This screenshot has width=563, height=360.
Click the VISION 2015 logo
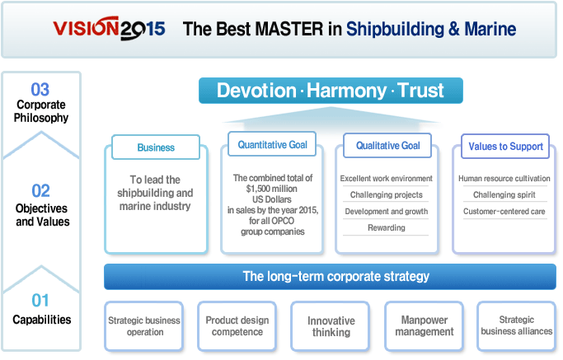tap(109, 28)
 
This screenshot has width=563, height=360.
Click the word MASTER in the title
tap(289, 29)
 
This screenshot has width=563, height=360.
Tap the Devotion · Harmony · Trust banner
tap(331, 91)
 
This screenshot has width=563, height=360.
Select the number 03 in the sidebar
tap(40, 89)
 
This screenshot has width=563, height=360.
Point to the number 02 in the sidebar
tap(40, 190)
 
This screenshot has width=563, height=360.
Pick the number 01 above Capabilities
tap(40, 301)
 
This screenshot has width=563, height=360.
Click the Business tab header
tap(156, 147)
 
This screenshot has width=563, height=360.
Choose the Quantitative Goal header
tap(272, 144)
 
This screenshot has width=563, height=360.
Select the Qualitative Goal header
tap(387, 145)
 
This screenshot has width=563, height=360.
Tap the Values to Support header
tap(505, 146)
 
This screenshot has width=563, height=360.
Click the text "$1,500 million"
tap(271, 189)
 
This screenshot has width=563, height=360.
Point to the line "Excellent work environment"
tap(387, 179)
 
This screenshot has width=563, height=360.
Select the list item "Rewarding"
tap(387, 227)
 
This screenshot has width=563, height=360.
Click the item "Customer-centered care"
tap(504, 212)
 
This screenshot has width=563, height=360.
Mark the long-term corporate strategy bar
tap(330, 276)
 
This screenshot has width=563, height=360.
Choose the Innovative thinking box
tap(331, 326)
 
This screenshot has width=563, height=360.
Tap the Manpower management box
tap(424, 326)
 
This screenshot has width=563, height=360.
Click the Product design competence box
tap(237, 326)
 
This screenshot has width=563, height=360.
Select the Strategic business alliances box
tap(517, 326)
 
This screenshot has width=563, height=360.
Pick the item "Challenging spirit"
tap(504, 194)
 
